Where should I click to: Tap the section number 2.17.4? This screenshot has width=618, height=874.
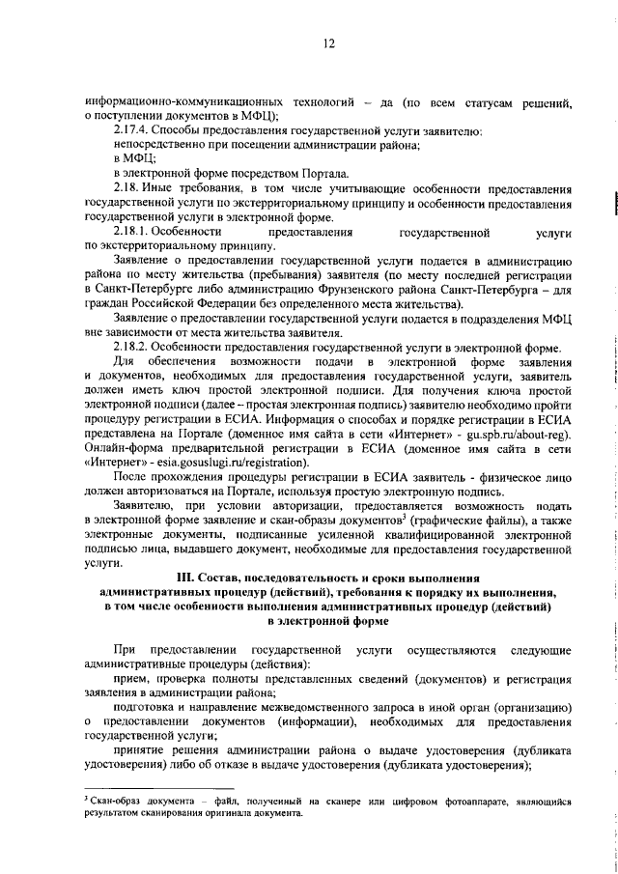pos(132,130)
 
